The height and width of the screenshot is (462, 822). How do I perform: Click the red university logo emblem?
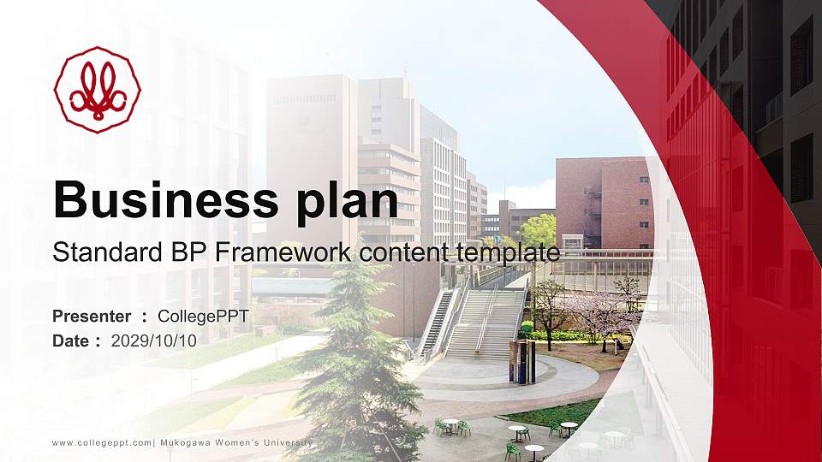(98, 90)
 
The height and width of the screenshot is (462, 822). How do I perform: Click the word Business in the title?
(166, 199)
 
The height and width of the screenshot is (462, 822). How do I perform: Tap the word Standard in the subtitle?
(108, 252)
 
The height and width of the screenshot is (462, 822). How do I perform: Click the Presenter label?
(92, 317)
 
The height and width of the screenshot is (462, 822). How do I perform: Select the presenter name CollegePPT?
(203, 317)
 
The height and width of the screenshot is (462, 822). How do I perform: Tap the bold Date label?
(71, 341)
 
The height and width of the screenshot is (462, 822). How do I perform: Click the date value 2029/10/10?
(154, 341)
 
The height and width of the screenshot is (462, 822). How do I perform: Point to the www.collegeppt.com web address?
(102, 443)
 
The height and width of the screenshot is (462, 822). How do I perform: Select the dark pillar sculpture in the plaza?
(522, 361)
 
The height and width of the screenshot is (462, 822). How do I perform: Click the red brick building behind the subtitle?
(605, 203)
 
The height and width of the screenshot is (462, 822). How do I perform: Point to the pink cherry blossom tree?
(603, 314)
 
